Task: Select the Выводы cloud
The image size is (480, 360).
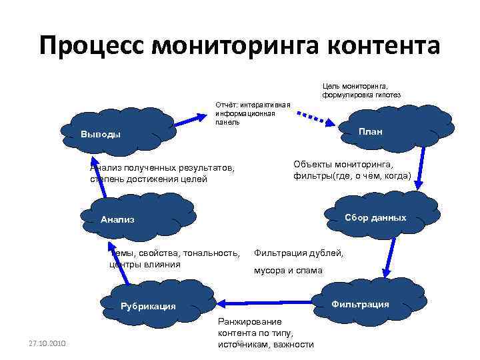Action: point(113,134)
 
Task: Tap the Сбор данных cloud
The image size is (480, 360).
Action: point(377,217)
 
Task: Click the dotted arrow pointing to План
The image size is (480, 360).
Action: point(317,119)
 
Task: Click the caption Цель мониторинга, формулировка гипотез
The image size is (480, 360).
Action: point(361,90)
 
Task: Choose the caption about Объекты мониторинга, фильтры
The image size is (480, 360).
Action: point(352,170)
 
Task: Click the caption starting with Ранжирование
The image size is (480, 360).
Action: point(265,332)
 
